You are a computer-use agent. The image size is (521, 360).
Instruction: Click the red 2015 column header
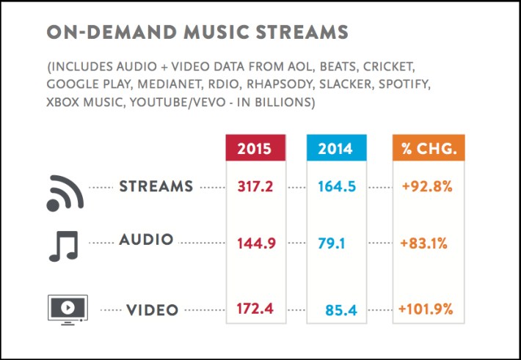[x=255, y=150]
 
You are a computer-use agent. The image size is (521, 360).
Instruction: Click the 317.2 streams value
[x=255, y=187]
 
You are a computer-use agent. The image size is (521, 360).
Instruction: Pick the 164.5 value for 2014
[x=337, y=187]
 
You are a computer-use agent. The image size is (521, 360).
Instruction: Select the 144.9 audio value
[x=255, y=243]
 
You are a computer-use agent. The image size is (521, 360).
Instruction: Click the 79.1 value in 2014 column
[x=332, y=243]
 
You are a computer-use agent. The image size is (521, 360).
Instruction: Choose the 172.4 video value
[x=255, y=309]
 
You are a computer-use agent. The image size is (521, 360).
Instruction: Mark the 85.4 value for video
[x=341, y=311]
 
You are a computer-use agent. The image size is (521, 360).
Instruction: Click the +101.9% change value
[x=426, y=309]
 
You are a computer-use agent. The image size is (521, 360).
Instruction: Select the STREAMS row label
[x=156, y=186]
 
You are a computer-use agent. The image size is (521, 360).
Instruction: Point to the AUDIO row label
[x=147, y=240]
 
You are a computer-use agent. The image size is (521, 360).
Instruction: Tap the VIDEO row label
[x=152, y=310]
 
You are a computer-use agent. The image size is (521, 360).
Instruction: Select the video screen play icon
[x=67, y=308]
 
